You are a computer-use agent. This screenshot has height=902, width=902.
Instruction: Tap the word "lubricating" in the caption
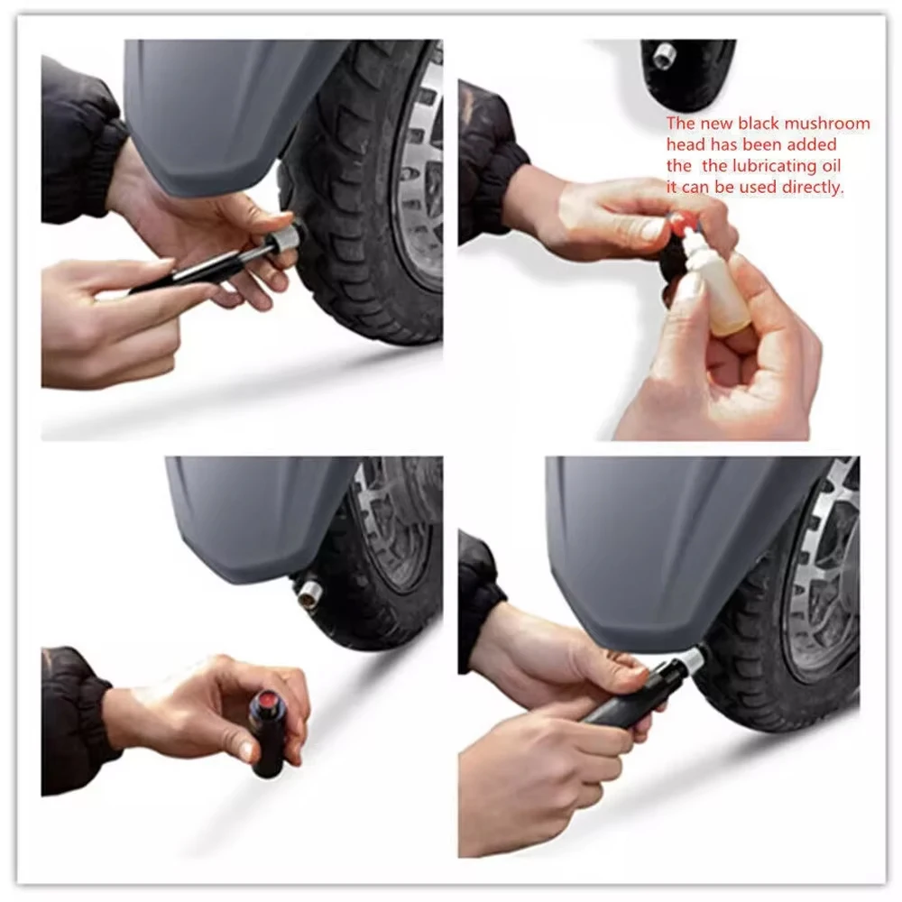coord(750,166)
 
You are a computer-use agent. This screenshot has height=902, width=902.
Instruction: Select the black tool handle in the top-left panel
coord(189,271)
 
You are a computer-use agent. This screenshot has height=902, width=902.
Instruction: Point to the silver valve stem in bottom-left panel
coord(309,593)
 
